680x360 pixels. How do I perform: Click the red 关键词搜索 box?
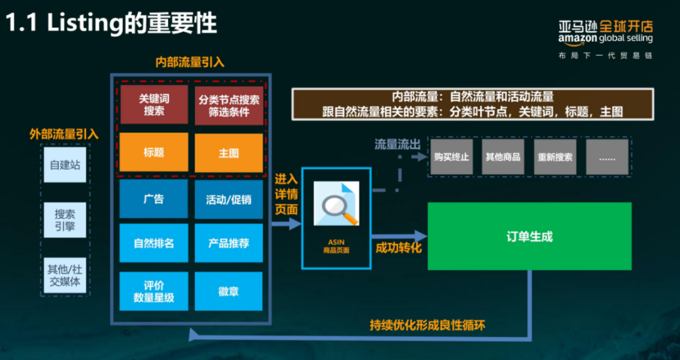point(154,105)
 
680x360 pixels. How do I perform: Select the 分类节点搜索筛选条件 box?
point(229,105)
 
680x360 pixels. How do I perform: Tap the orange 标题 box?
point(154,152)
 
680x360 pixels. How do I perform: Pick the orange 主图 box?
point(229,152)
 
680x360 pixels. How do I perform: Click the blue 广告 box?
point(154,199)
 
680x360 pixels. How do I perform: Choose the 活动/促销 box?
point(229,199)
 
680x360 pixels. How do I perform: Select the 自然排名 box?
point(154,243)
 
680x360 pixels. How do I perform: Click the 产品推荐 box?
point(229,243)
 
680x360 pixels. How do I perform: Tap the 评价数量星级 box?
point(154,291)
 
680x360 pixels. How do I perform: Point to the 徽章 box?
point(229,291)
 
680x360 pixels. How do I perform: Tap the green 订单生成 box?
point(530,237)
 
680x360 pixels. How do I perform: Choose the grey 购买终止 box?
point(451,157)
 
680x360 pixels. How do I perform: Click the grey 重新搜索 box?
point(555,157)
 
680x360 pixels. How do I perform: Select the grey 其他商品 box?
point(503,157)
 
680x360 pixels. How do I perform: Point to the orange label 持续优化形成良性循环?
point(428,325)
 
